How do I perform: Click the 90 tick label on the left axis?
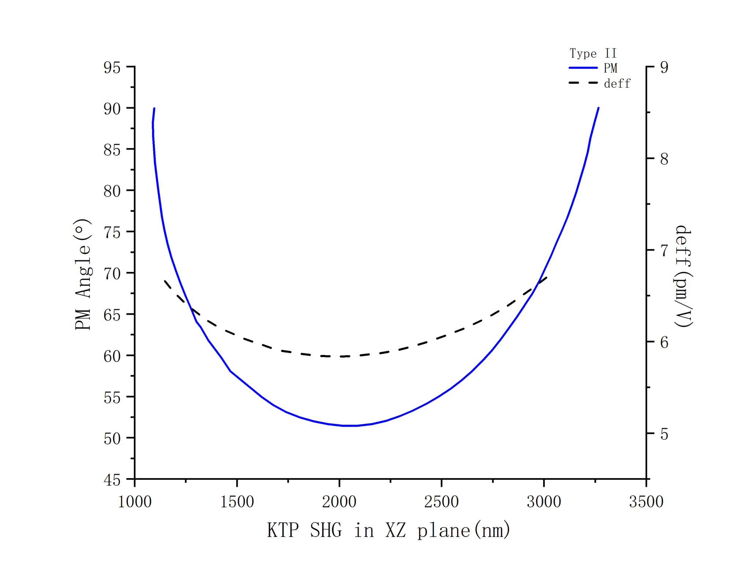pos(112,109)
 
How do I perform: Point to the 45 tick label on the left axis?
pos(112,480)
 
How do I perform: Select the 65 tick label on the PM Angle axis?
pos(112,315)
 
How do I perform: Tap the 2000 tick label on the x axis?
pos(339,502)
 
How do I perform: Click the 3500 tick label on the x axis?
pos(646,502)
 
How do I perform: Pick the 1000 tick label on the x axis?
pos(135,502)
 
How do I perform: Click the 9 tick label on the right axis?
pos(664,67)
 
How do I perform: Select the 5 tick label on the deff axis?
pos(664,434)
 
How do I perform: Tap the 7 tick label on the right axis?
pos(664,251)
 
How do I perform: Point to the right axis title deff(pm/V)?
pos(683,277)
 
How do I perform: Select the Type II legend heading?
pos(593,53)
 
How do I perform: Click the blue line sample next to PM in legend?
pos(583,68)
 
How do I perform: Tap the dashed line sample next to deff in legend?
pos(583,83)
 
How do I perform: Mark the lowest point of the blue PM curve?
pos(350,426)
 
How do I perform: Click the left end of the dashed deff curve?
pos(165,281)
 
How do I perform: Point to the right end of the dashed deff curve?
pos(546,278)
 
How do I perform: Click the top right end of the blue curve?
pos(598,108)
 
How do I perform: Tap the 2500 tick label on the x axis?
pos(441,502)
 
